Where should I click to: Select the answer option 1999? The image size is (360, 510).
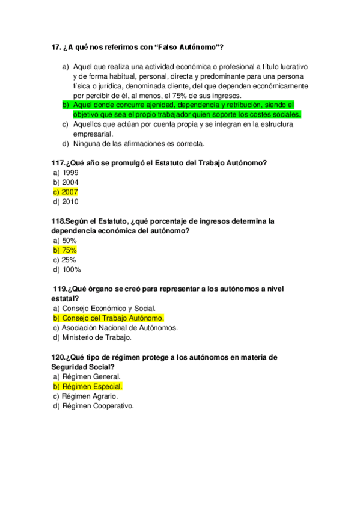[70, 173]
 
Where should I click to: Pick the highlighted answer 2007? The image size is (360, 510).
[70, 192]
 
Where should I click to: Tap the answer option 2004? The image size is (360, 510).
[70, 182]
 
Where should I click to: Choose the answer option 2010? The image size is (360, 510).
[70, 202]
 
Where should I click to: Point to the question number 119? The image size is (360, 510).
[61, 289]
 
